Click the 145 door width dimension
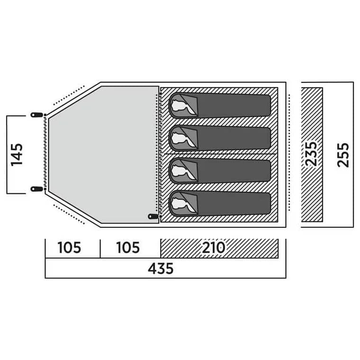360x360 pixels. pyautogui.click(x=17, y=155)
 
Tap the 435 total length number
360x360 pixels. pyautogui.click(x=161, y=269)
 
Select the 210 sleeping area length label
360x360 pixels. pyautogui.click(x=213, y=248)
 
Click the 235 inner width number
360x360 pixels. pyautogui.click(x=311, y=154)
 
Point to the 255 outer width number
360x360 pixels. pyautogui.click(x=343, y=155)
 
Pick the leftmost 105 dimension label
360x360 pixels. pyautogui.click(x=69, y=248)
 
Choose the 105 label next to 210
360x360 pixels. pyautogui.click(x=128, y=248)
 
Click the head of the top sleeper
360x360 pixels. pyautogui.click(x=180, y=106)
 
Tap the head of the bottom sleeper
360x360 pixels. pyautogui.click(x=180, y=203)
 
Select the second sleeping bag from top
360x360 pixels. pyautogui.click(x=220, y=138)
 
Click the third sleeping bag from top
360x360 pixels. pyautogui.click(x=220, y=171)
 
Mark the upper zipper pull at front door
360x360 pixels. pyautogui.click(x=37, y=115)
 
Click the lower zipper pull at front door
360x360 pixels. pyautogui.click(x=37, y=189)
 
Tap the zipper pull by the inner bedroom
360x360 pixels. pyautogui.click(x=153, y=216)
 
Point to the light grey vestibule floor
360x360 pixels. pyautogui.click(x=104, y=154)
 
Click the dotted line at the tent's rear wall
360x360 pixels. pyautogui.click(x=289, y=152)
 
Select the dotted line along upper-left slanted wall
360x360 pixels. pyautogui.click(x=69, y=96)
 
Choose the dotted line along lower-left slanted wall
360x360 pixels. pyautogui.click(x=69, y=214)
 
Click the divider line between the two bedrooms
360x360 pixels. pyautogui.click(x=219, y=154)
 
